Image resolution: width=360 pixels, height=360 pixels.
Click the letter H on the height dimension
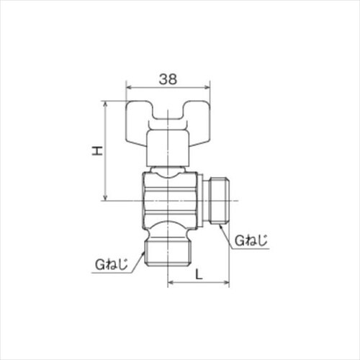(95, 150)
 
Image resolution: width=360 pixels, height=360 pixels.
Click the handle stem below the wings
(168, 148)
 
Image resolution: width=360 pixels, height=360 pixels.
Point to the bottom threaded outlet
(168, 251)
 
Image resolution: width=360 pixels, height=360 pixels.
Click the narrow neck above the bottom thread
(168, 233)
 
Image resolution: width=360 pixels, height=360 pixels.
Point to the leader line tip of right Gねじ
(220, 225)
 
